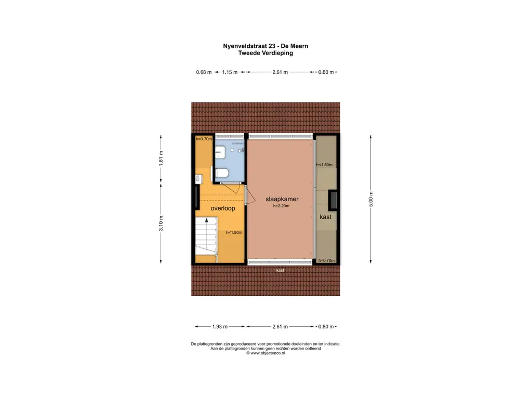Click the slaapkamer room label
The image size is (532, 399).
[x=282, y=199]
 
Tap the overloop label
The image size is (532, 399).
[x=222, y=208]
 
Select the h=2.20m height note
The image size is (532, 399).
[x=281, y=206]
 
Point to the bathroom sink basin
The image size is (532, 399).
[x=220, y=152]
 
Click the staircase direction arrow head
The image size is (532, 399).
[x=206, y=220]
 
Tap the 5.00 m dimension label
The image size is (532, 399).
[x=371, y=199]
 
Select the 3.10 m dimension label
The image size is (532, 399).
[x=161, y=223]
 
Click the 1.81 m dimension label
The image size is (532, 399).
[x=161, y=158]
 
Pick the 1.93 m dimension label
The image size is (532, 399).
[x=220, y=326]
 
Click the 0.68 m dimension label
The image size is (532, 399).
[x=204, y=72]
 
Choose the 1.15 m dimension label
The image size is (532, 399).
[x=230, y=72]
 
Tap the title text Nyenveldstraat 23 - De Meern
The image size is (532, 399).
[x=265, y=46]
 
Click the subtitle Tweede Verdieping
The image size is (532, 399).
[x=265, y=53]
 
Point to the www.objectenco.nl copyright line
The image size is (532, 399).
[x=265, y=353]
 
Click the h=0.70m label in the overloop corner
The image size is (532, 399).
[x=204, y=139]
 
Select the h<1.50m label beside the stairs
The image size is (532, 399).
[x=234, y=232]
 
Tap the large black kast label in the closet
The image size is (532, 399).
[x=325, y=217]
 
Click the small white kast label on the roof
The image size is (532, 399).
[x=280, y=270]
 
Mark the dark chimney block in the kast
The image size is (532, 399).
[x=332, y=200]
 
